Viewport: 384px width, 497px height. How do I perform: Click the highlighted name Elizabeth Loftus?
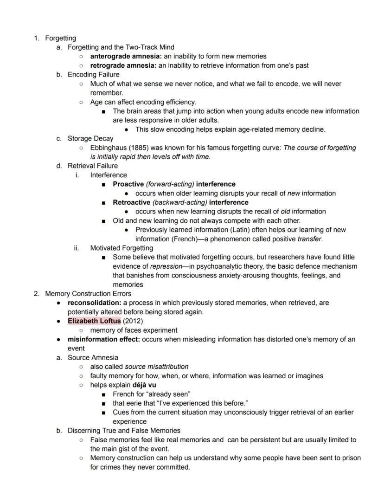(94, 321)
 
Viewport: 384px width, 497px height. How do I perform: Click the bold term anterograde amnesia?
(123, 56)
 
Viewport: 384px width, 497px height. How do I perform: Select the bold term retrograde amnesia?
(122, 65)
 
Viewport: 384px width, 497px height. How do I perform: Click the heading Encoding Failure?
(93, 75)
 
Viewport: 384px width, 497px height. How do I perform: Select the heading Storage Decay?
(90, 138)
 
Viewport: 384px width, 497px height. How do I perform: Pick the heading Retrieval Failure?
(93, 166)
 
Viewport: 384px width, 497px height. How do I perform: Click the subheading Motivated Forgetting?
(122, 248)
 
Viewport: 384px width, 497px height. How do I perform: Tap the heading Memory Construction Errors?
(88, 293)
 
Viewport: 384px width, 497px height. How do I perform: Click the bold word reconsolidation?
(94, 303)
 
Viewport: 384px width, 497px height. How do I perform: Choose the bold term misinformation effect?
(104, 339)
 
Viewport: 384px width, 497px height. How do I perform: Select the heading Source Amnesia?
(93, 357)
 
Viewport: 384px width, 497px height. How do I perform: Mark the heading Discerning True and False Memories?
(124, 430)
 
